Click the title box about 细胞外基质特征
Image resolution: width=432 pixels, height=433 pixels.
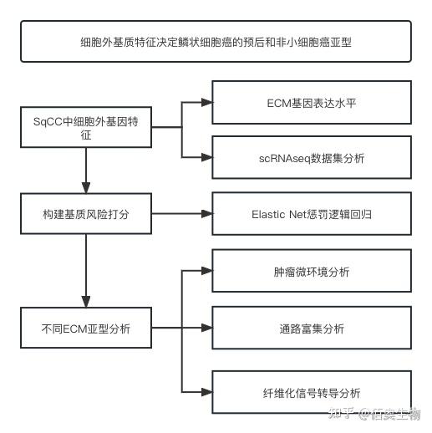click(216, 41)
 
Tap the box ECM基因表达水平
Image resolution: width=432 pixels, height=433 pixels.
click(311, 103)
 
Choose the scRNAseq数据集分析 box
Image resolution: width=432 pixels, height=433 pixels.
click(311, 157)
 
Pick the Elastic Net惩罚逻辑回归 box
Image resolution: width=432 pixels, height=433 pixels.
click(311, 214)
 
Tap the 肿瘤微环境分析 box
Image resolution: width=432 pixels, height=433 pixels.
click(311, 272)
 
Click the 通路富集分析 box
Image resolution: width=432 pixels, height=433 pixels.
click(311, 329)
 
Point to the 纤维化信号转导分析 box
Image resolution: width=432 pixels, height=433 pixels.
click(311, 393)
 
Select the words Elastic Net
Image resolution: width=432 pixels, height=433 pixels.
click(280, 214)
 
